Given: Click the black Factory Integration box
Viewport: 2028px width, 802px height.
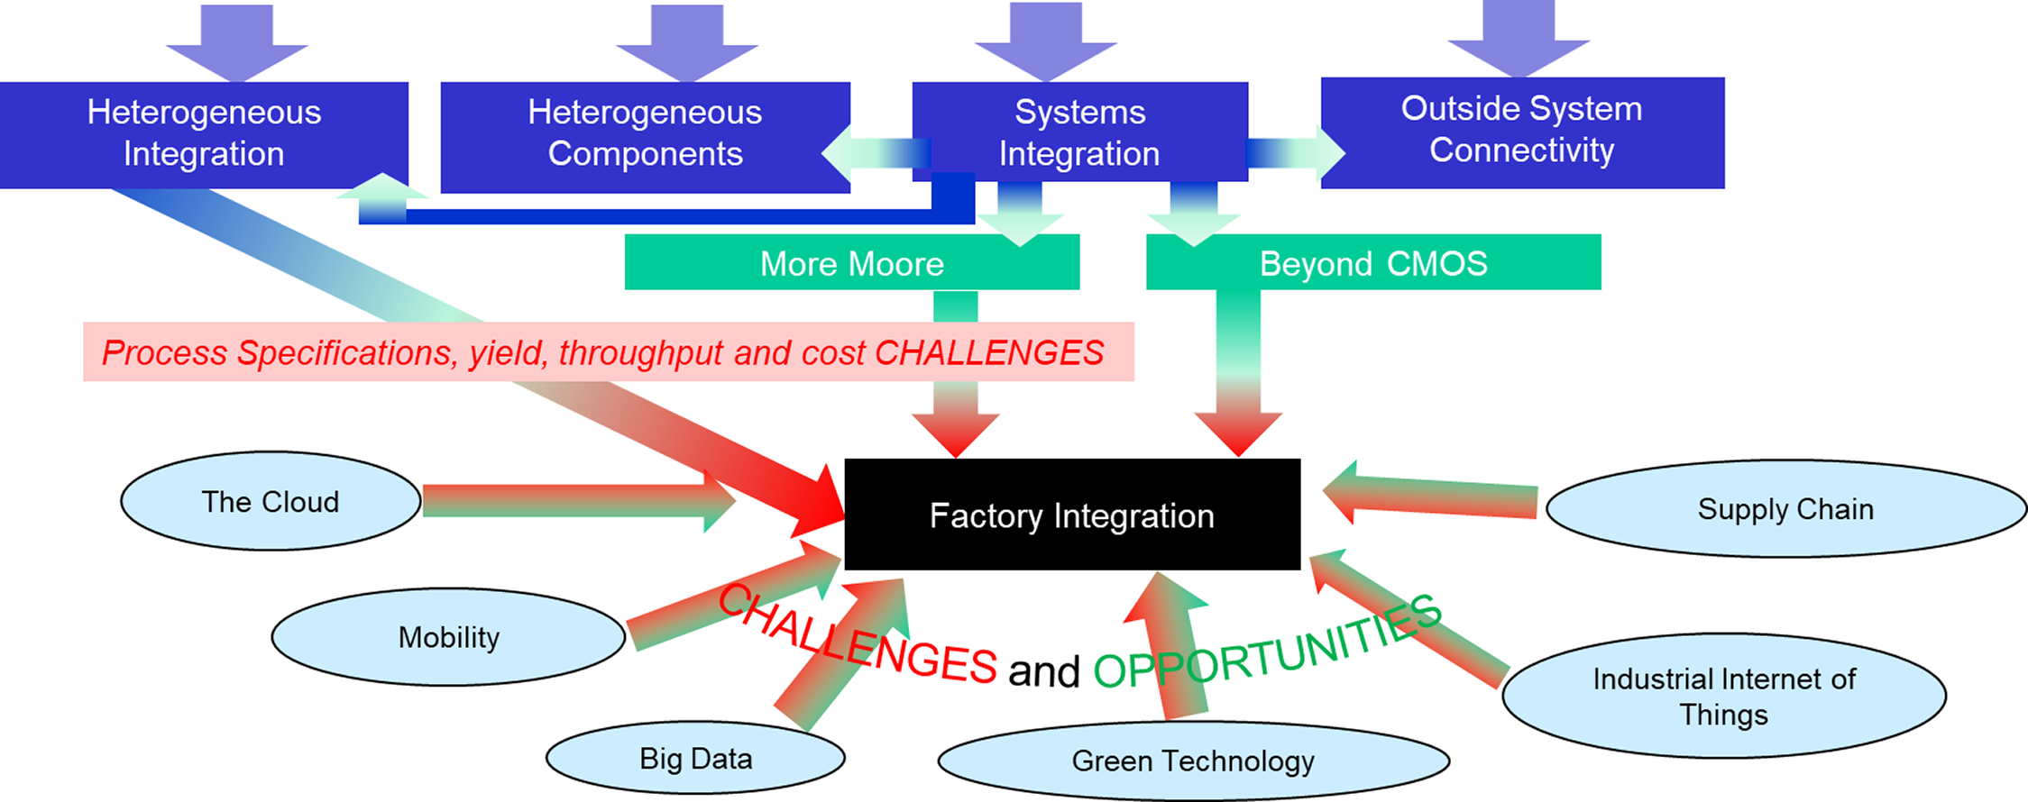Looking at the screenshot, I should [x=1071, y=515].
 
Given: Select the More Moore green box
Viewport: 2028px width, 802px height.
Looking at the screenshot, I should [x=851, y=263].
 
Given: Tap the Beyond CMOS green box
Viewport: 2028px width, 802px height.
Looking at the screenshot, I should [x=1372, y=263].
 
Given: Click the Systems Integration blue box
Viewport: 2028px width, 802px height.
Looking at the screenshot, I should [x=1079, y=132].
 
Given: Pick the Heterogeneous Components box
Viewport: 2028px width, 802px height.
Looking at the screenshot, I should [x=645, y=135].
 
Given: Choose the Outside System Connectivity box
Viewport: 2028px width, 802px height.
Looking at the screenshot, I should [x=1522, y=131].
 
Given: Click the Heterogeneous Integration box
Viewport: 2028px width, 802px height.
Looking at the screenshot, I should [x=204, y=133].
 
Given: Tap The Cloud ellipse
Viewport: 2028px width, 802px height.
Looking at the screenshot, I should [x=271, y=501].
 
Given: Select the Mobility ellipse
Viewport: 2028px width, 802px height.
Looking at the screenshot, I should [x=448, y=637].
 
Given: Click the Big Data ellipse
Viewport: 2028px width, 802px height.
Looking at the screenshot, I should [x=695, y=758].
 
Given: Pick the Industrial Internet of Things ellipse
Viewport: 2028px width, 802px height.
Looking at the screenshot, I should [x=1723, y=696].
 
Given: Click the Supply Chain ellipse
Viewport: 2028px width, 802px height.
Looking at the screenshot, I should [x=1785, y=509].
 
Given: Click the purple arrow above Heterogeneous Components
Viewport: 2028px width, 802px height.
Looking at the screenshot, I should [x=687, y=41].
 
